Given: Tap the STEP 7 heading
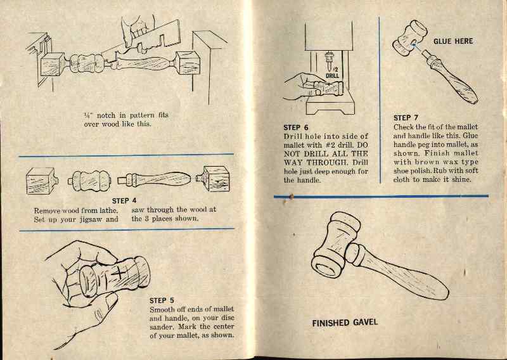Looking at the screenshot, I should pos(406,118).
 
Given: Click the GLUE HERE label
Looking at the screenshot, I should pos(452,41).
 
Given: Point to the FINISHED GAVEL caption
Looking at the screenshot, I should pos(344,323).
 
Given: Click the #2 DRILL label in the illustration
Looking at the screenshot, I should pos(333,72).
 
